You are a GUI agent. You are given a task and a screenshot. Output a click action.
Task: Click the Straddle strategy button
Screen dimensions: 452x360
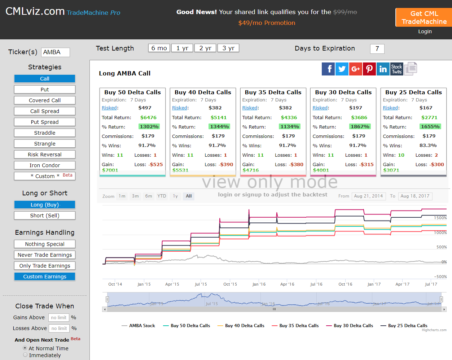point(44,133)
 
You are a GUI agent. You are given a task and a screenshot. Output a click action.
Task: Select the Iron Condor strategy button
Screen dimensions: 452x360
point(44,165)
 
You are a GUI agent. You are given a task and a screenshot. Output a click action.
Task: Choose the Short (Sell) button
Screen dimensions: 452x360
point(44,216)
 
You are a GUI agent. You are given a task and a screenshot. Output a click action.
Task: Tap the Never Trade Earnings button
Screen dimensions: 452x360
point(44,255)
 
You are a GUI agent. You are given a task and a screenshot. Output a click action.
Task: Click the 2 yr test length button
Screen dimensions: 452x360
point(205,48)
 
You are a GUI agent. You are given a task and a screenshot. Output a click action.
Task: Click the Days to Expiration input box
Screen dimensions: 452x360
point(377,49)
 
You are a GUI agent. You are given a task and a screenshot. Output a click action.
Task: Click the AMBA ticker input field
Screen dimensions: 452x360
point(56,52)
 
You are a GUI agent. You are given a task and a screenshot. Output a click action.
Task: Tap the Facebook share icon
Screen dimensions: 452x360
point(328,69)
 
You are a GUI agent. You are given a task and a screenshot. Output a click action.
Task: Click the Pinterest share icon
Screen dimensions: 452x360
point(369,69)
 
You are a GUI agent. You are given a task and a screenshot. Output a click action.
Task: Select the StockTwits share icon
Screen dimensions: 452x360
point(396,69)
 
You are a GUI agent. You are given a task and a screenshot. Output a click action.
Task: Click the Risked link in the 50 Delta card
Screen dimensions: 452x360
point(109,108)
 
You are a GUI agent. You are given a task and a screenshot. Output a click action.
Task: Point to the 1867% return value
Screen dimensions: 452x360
point(360,127)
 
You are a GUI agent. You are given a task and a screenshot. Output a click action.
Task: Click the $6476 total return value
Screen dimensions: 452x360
point(148,118)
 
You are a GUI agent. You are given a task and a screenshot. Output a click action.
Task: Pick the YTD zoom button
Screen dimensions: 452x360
point(162,196)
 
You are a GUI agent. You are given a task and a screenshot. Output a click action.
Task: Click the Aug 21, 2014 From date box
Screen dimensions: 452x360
point(369,196)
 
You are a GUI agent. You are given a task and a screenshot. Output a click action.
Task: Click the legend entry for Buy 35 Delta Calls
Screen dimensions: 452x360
point(295,325)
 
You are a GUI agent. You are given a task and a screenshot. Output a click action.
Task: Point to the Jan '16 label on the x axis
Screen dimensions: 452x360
point(259,284)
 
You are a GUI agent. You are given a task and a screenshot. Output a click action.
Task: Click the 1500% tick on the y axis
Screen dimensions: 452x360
point(440,218)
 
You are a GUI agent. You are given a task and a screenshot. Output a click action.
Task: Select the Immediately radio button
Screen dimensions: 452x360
point(25,355)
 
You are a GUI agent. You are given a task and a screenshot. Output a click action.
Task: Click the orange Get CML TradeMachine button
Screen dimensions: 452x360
point(424,17)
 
